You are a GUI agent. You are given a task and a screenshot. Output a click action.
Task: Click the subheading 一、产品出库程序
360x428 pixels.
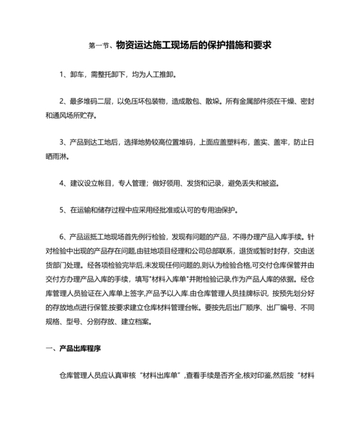click(74, 348)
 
